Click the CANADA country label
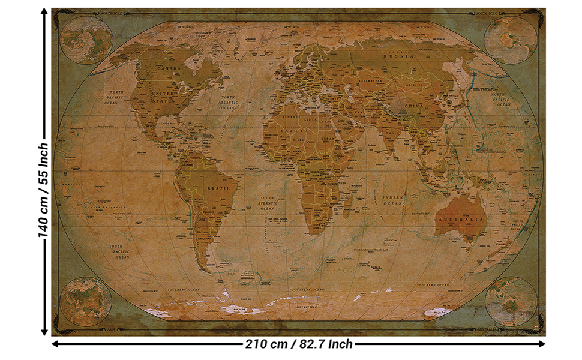pyautogui.click(x=169, y=69)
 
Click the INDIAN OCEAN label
pyautogui.click(x=393, y=200)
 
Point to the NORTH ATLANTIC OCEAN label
pyautogui.click(x=228, y=103)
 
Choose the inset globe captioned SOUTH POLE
pyautogui.click(x=511, y=40)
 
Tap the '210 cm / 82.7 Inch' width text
pyautogui.click(x=299, y=344)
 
